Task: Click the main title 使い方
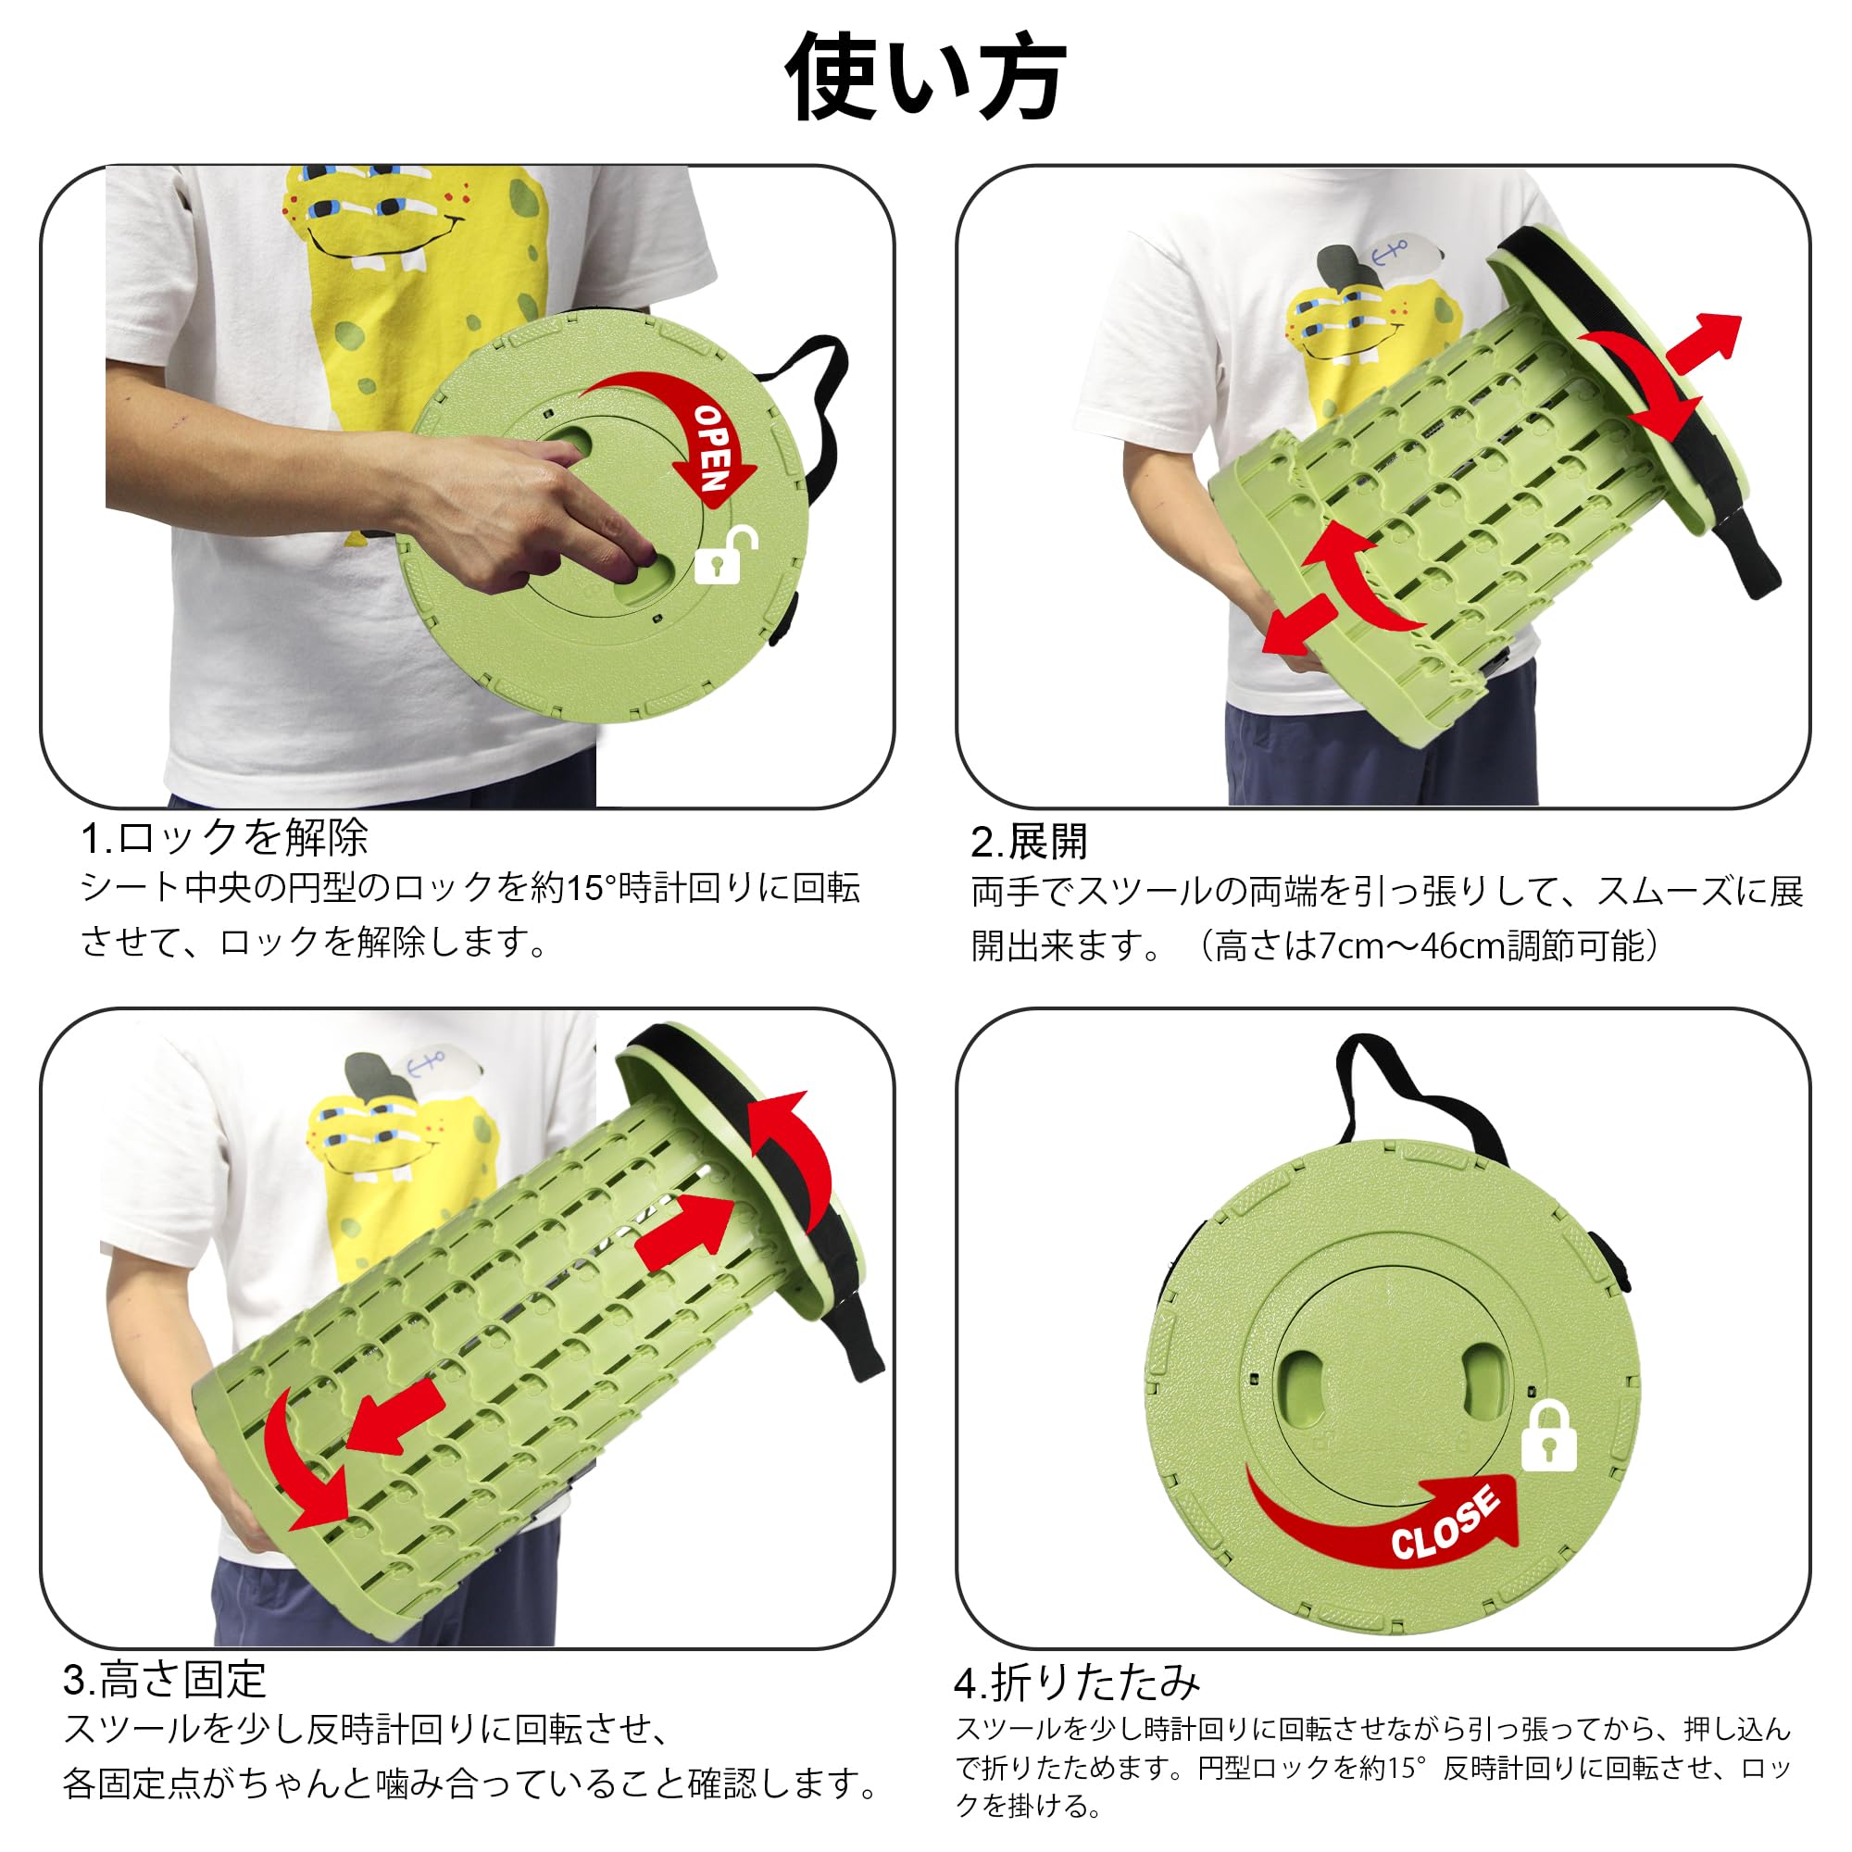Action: point(925,77)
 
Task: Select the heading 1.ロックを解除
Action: point(224,838)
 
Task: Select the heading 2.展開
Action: point(1029,842)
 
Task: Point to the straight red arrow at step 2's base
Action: point(1299,624)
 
